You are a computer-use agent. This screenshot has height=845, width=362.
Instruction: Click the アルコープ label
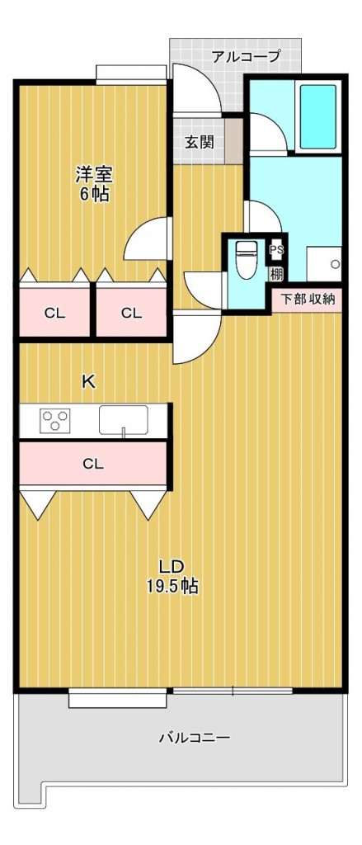coord(246,57)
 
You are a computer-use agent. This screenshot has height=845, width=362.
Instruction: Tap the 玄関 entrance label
coord(199,142)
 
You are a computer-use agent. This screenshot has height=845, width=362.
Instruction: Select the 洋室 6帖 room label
coord(93,184)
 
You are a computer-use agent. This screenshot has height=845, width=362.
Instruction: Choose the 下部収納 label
coord(308,299)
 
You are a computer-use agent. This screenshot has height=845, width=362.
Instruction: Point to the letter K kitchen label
coord(88,381)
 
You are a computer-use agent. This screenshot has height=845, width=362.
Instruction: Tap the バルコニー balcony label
coord(194,738)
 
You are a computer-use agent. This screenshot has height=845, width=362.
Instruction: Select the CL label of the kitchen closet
coord(92,464)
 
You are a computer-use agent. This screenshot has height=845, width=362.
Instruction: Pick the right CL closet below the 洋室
coord(131,313)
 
